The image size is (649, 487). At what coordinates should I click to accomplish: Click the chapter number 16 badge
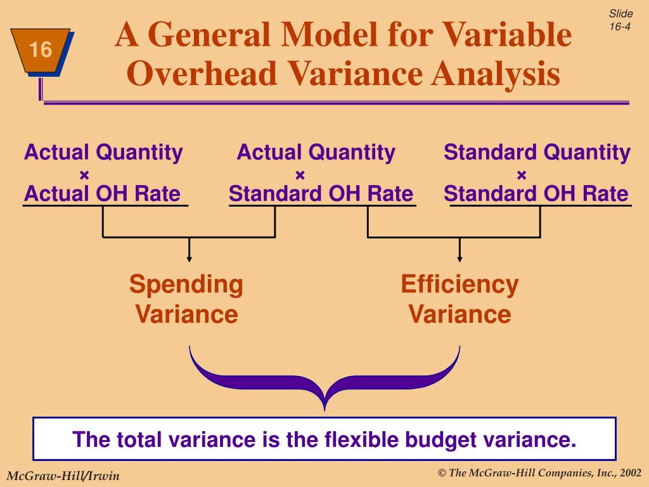click(x=40, y=50)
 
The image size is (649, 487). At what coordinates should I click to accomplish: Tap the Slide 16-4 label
click(x=620, y=20)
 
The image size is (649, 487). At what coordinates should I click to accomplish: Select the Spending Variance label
click(x=186, y=299)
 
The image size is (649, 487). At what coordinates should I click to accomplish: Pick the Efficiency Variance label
click(x=459, y=299)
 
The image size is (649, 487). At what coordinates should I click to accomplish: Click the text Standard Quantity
click(x=537, y=153)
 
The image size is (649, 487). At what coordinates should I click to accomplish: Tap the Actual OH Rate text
click(x=102, y=194)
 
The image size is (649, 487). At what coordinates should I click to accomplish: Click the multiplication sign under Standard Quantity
click(x=522, y=174)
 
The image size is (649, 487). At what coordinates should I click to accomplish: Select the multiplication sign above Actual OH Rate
click(x=84, y=174)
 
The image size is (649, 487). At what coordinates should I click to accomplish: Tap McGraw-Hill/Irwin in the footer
click(x=63, y=476)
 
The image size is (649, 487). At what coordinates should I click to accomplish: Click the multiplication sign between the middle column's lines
click(x=300, y=174)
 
